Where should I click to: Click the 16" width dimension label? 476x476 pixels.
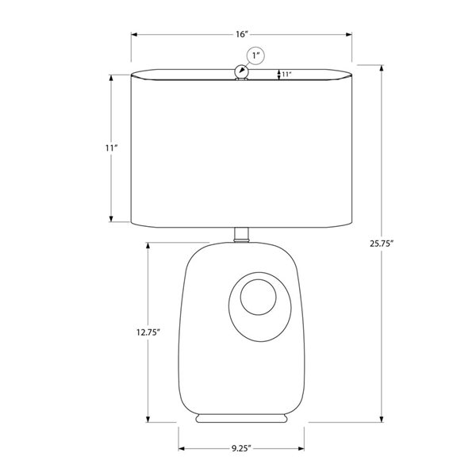click(242, 34)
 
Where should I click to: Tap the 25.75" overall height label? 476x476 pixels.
click(382, 244)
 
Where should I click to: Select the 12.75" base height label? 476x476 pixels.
click(148, 332)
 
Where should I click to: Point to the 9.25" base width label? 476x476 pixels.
click(242, 448)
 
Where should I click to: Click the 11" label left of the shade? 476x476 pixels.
click(111, 148)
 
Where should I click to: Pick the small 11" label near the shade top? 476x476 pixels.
click(287, 74)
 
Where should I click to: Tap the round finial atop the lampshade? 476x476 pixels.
click(242, 71)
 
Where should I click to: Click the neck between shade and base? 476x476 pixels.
click(242, 235)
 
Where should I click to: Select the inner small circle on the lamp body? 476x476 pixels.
click(259, 297)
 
